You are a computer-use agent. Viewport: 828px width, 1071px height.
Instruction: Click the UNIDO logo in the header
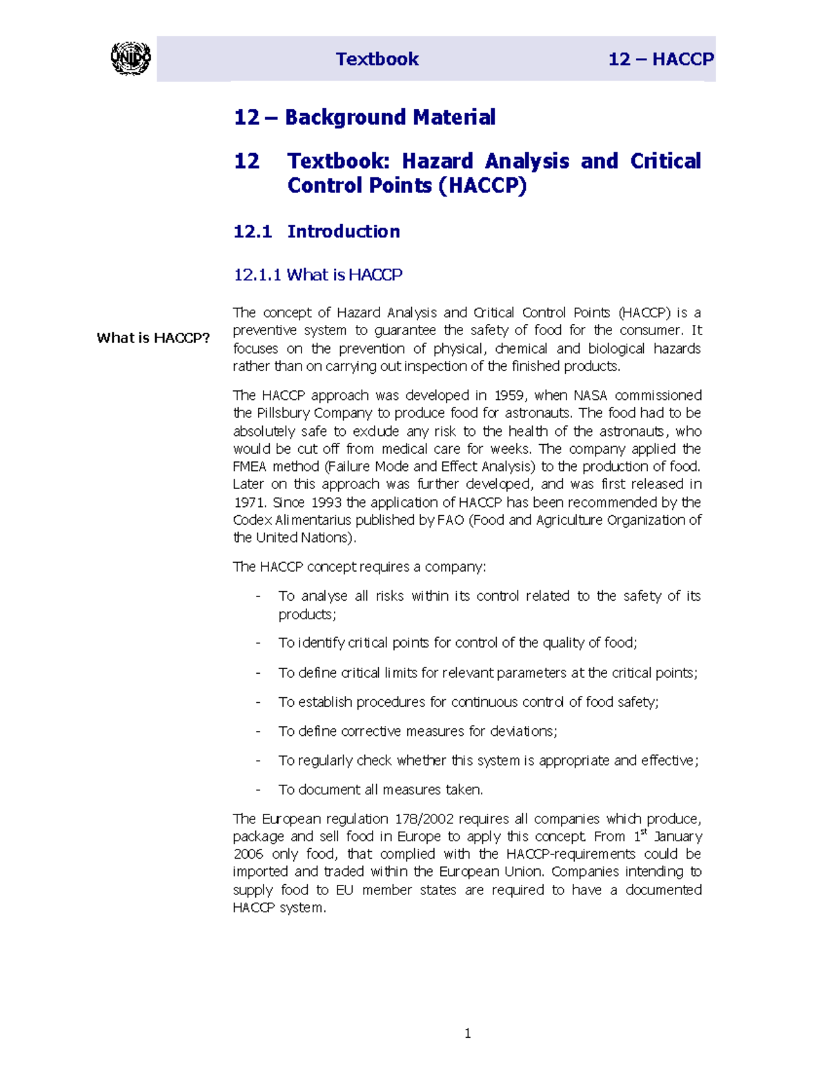(130, 59)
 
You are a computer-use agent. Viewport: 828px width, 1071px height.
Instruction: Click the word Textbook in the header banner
(377, 59)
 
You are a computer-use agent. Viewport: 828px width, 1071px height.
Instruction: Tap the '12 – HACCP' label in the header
(660, 59)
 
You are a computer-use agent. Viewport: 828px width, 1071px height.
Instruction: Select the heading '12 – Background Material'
(364, 117)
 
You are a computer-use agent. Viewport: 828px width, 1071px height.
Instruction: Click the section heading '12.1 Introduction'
(317, 231)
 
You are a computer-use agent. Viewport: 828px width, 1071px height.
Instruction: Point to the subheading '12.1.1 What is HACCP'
(317, 274)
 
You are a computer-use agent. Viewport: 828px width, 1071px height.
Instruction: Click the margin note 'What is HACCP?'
(153, 338)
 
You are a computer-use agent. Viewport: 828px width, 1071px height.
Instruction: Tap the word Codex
(253, 520)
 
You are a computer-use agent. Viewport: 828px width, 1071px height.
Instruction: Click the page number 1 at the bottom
(468, 1033)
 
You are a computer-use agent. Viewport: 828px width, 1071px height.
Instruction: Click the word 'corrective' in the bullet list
(371, 731)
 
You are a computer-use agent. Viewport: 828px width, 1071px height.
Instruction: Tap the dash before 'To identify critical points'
(258, 643)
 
